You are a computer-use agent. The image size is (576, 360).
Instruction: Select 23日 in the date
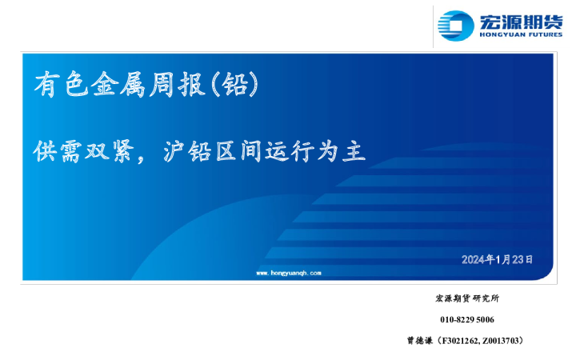click(x=522, y=259)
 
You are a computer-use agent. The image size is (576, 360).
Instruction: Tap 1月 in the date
click(x=502, y=259)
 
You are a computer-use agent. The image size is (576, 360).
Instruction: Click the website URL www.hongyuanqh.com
click(x=288, y=273)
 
